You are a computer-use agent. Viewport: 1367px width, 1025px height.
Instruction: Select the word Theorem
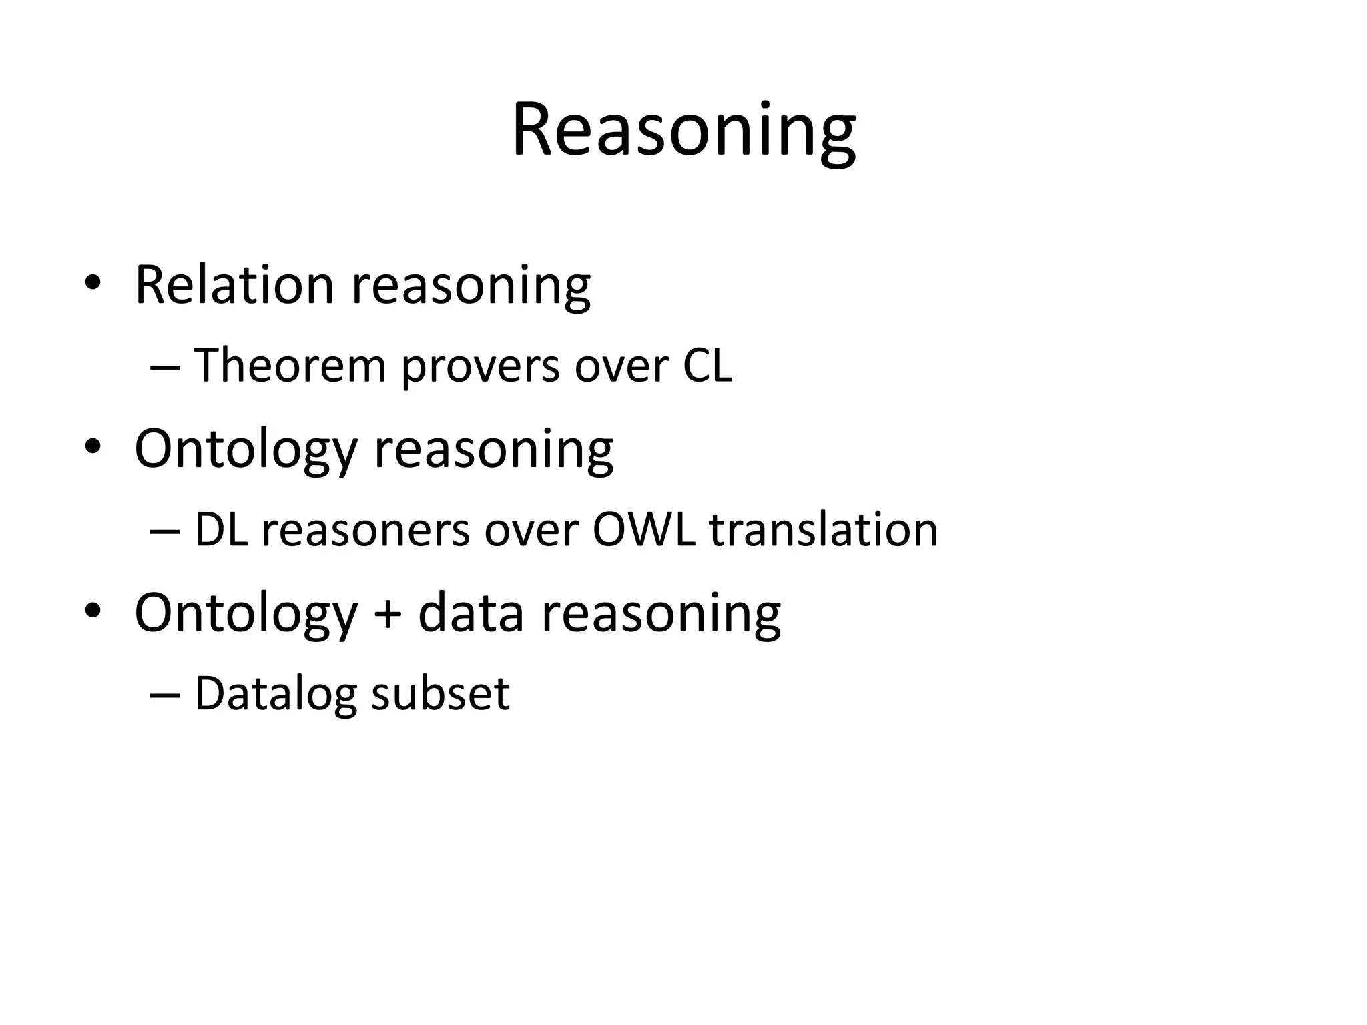pos(290,365)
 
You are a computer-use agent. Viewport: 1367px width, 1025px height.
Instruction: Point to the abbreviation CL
pos(707,365)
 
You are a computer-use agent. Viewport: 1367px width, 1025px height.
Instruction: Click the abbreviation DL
pos(221,529)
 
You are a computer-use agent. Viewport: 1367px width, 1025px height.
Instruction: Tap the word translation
pos(824,529)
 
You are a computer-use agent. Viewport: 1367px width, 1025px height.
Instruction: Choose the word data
pos(471,613)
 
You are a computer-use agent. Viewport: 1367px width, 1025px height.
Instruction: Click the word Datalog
pos(276,694)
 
